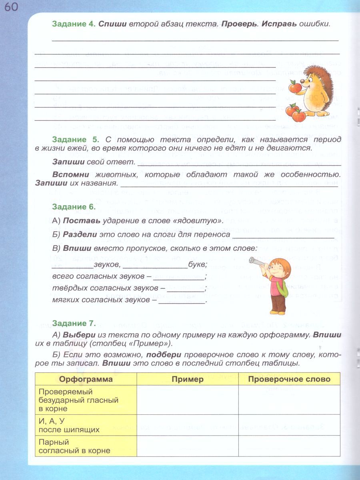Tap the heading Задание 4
click(73, 24)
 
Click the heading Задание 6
click(74, 207)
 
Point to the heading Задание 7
click(74, 323)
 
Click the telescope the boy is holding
click(256, 260)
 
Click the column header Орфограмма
click(86, 379)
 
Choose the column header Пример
click(188, 379)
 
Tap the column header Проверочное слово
click(289, 379)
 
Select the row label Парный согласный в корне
click(74, 446)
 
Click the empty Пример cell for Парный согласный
click(188, 446)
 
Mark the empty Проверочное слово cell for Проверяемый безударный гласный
click(289, 400)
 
